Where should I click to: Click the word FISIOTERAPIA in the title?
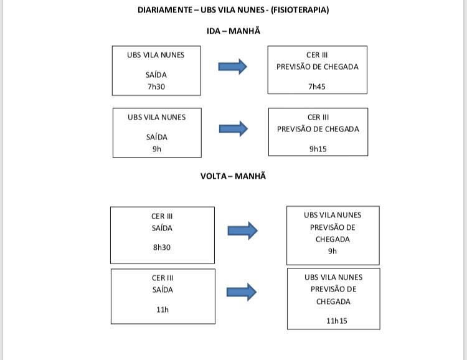click(x=300, y=10)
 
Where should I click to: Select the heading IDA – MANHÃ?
click(x=233, y=31)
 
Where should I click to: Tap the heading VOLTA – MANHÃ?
click(x=233, y=176)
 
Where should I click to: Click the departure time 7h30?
click(x=156, y=87)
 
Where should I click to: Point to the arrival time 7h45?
click(x=317, y=87)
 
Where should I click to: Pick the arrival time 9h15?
click(x=318, y=149)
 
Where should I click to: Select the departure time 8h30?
click(x=162, y=247)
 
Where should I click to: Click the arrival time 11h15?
click(x=336, y=321)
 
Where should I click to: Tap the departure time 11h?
click(x=163, y=310)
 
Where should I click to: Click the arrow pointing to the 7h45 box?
click(x=233, y=67)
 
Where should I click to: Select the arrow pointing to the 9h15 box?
click(x=233, y=129)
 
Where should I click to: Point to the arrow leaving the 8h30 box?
click(x=242, y=230)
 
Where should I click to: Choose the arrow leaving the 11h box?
click(x=242, y=292)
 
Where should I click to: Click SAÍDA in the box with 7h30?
click(x=156, y=75)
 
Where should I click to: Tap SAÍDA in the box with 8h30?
click(x=162, y=229)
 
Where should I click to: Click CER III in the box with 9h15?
click(x=318, y=118)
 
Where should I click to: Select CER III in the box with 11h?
click(x=163, y=278)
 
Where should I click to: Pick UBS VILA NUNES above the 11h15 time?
click(x=334, y=277)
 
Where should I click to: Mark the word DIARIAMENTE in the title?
click(x=165, y=10)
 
